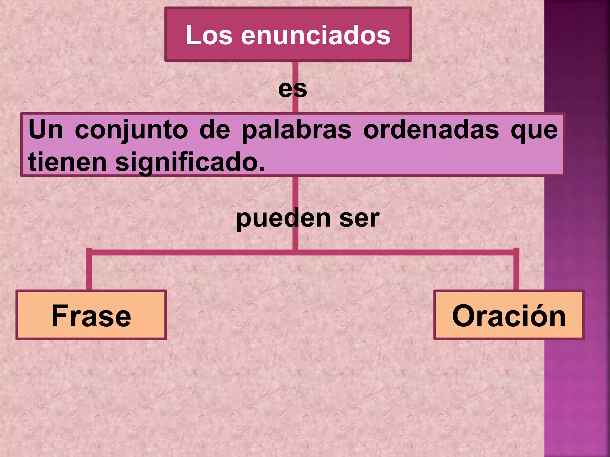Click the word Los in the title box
pos(209,35)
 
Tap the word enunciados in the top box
pos(315,35)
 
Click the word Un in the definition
pos(46,130)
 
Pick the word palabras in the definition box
pos(296,130)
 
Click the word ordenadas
pos(431,130)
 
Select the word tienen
pos(67,162)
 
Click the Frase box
pos(91,315)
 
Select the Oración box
pos(509,315)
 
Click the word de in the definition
pos(215,130)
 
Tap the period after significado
pos(262,170)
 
